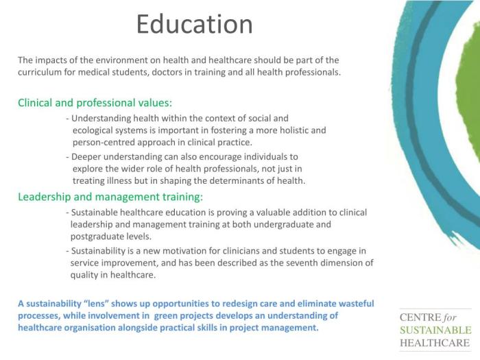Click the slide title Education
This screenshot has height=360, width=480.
[x=194, y=24]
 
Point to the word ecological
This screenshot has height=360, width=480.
[x=95, y=130]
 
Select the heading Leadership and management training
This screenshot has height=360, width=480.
[x=110, y=197]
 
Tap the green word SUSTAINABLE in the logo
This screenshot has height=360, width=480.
[x=435, y=331]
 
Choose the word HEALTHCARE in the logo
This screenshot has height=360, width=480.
[x=434, y=343]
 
